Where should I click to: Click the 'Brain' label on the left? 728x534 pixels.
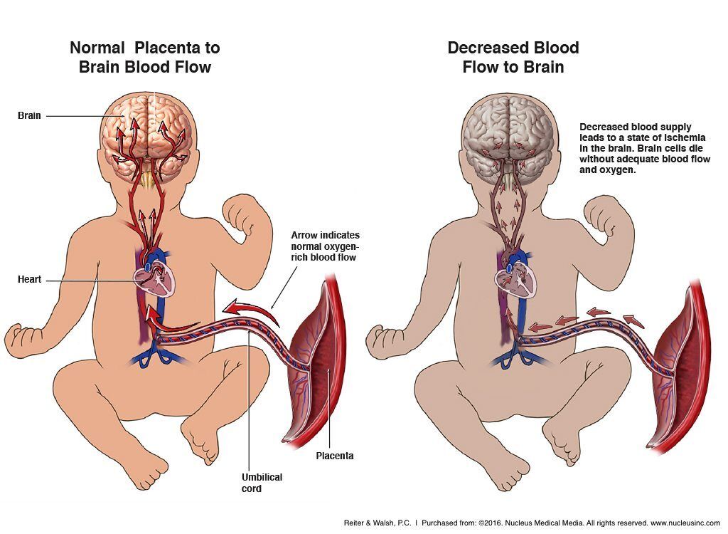29,115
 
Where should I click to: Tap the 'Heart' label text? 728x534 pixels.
29,280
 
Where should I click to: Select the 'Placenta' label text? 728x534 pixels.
334,456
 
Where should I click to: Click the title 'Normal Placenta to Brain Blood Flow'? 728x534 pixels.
145,58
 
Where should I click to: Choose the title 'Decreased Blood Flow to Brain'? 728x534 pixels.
513,58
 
